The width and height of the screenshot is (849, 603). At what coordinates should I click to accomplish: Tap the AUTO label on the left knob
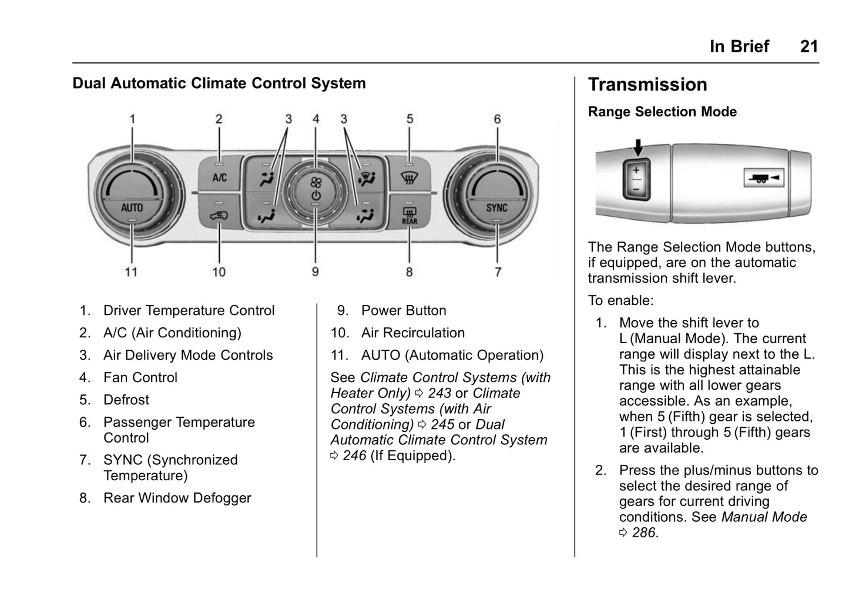(132, 207)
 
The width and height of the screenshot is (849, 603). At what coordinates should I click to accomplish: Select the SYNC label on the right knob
(497, 207)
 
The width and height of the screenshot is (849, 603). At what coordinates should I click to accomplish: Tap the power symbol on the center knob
(316, 195)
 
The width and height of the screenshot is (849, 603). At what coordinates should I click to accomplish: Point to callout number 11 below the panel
(131, 272)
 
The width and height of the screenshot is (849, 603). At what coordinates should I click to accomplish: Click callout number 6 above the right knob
(498, 119)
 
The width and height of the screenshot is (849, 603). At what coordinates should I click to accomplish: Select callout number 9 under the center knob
(316, 272)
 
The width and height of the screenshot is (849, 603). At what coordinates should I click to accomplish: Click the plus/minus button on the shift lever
(636, 179)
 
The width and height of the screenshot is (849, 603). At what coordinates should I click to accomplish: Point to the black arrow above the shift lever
(637, 147)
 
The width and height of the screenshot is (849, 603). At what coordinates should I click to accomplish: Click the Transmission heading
(647, 85)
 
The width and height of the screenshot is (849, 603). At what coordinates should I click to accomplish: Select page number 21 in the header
(809, 46)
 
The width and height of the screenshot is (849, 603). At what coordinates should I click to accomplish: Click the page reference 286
(643, 533)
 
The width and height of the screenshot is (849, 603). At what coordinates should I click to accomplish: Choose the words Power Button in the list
(404, 310)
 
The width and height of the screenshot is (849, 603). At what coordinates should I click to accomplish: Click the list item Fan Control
(140, 377)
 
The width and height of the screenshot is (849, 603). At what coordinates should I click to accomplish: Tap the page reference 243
(439, 393)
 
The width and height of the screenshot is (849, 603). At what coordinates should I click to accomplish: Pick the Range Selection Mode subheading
(662, 112)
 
